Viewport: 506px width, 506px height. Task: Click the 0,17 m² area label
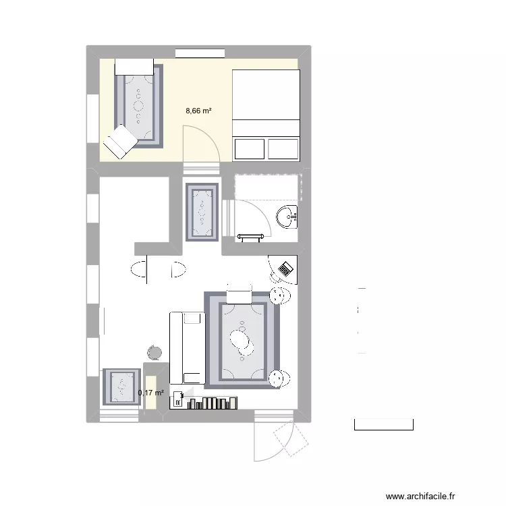pyautogui.click(x=150, y=393)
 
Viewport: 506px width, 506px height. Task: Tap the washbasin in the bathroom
pyautogui.click(x=287, y=217)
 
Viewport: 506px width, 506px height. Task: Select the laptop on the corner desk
pyautogui.click(x=285, y=268)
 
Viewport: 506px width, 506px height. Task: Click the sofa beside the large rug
pyautogui.click(x=187, y=347)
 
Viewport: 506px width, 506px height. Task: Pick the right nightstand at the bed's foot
pyautogui.click(x=283, y=148)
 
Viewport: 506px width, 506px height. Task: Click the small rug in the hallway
pyautogui.click(x=202, y=212)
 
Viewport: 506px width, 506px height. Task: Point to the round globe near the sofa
pyautogui.click(x=154, y=352)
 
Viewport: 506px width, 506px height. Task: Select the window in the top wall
pyautogui.click(x=200, y=51)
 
